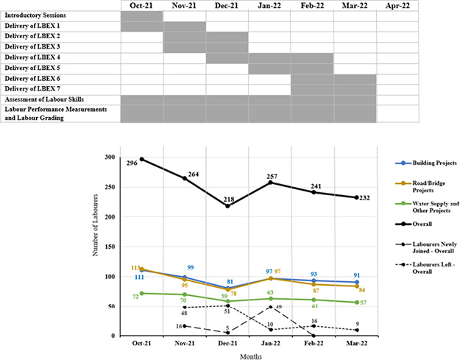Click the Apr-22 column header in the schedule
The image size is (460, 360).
[397, 5]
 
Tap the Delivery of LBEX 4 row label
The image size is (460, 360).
[43, 57]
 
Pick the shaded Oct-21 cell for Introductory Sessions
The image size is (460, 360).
[141, 15]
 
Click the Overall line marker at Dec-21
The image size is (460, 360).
[228, 206]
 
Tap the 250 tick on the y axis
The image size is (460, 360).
[110, 187]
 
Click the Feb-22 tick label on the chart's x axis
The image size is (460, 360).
[314, 342]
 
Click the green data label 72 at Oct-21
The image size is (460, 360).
[135, 297]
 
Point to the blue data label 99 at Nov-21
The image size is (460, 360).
[189, 267]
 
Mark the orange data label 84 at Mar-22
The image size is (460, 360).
[362, 290]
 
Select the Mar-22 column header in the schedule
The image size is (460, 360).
[355, 5]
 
